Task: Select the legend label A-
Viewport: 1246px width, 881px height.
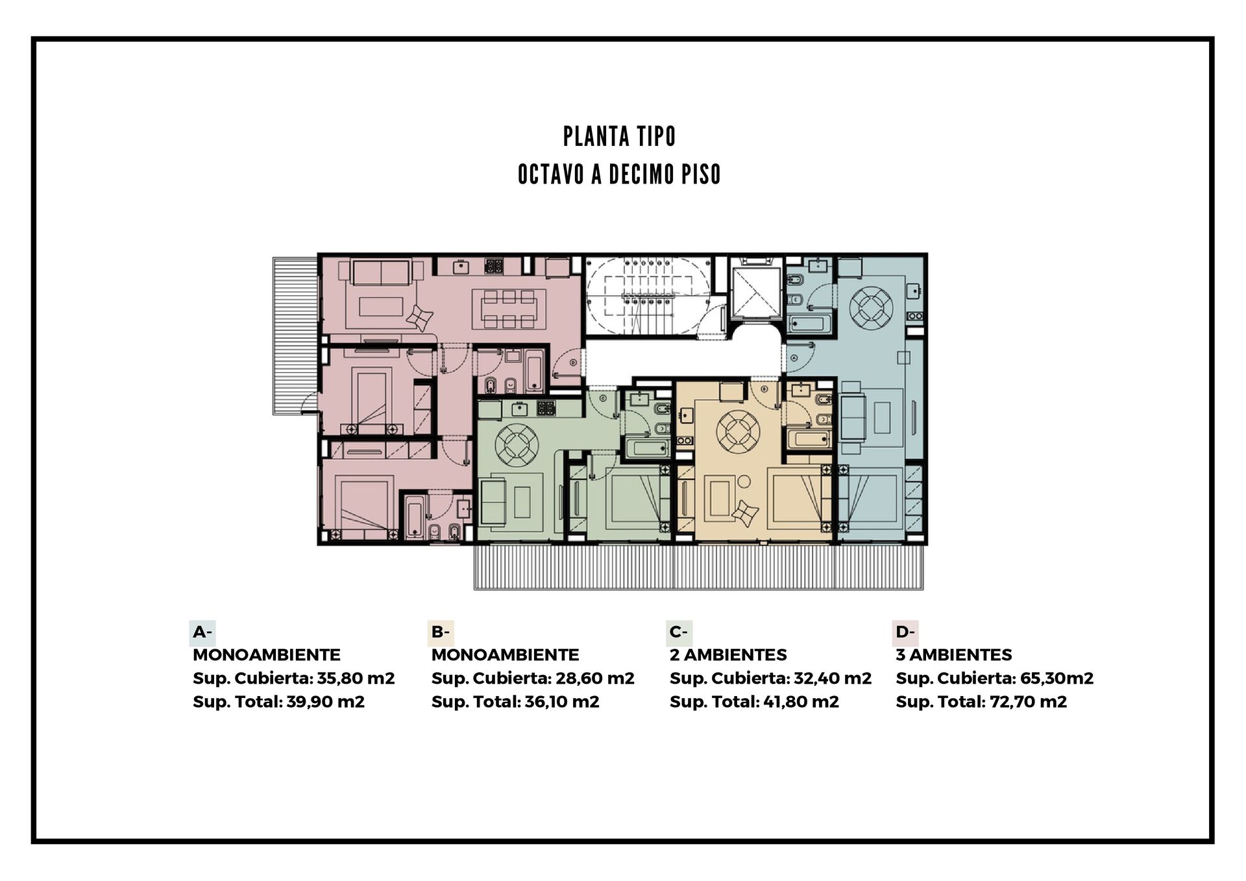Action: point(202,632)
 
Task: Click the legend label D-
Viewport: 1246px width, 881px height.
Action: point(905,632)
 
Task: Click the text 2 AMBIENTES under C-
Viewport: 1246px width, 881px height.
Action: point(728,655)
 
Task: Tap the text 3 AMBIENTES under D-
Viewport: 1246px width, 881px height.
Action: point(954,655)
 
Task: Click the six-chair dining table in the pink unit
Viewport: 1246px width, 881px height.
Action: point(509,309)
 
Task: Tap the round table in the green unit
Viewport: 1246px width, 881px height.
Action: point(517,444)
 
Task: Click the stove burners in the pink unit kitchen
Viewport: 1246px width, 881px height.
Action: point(494,265)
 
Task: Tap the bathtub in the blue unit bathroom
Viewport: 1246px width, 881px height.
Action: point(809,324)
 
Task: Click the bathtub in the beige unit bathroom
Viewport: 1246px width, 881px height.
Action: point(808,439)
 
